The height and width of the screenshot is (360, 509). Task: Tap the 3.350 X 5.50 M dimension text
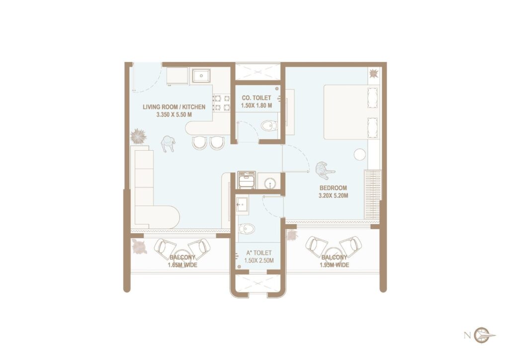[x=167, y=115]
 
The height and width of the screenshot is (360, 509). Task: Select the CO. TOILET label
[x=256, y=98]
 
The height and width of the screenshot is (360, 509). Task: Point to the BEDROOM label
[x=333, y=188]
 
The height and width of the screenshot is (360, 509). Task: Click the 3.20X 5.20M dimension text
[x=333, y=196]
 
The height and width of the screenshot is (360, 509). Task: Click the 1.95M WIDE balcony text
[x=334, y=265]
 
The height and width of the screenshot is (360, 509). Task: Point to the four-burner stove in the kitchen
[x=221, y=102]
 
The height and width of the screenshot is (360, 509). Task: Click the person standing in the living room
[x=168, y=143]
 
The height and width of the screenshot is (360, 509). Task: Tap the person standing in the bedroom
[x=325, y=170]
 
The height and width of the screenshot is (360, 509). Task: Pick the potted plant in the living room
[x=138, y=135]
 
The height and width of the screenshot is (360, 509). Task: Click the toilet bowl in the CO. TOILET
[x=269, y=126]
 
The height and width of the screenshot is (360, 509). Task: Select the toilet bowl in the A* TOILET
[x=247, y=229]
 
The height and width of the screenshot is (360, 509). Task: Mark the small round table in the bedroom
[x=359, y=155]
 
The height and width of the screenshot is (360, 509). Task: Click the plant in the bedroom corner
[x=373, y=74]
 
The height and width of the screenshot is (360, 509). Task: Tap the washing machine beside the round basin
[x=247, y=180]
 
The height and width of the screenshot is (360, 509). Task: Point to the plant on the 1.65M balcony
[x=139, y=247]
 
